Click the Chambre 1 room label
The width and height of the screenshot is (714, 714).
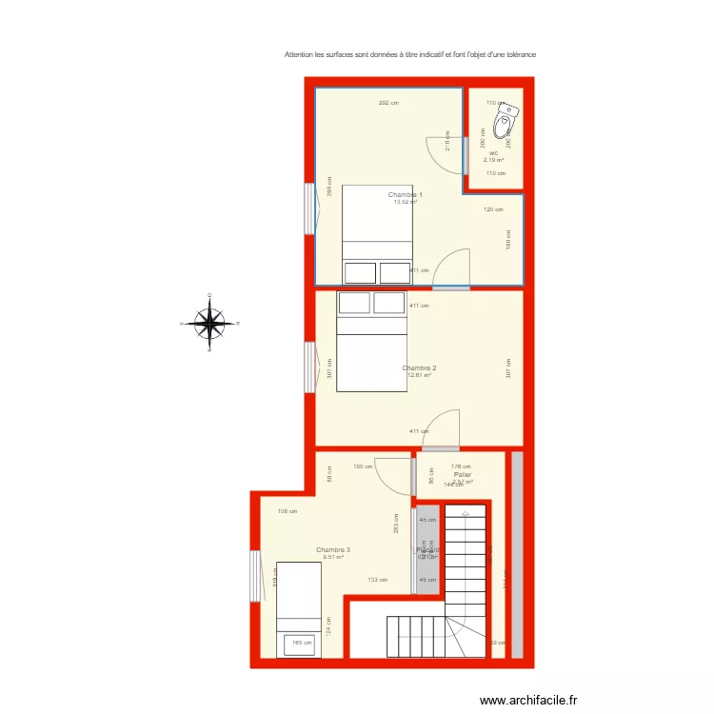[x=405, y=194]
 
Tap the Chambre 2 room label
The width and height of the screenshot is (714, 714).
[x=419, y=367]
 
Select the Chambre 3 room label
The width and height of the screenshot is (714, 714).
[x=333, y=549]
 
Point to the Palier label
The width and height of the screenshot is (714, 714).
[x=463, y=474]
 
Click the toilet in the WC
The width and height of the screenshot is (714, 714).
[x=506, y=123]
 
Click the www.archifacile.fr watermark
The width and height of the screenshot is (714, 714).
[x=528, y=700]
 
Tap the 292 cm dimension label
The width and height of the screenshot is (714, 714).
[x=387, y=103]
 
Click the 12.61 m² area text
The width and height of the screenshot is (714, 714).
[x=419, y=375]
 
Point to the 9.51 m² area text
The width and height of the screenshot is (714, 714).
[x=333, y=557]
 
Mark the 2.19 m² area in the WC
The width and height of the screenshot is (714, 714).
[x=493, y=160]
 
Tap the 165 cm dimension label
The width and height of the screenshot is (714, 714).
[x=302, y=643]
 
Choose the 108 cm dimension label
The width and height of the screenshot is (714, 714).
[x=287, y=511]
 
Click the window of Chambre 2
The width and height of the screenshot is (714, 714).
[x=310, y=367]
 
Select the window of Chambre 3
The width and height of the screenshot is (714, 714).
[x=255, y=576]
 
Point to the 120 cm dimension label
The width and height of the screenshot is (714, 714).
[x=493, y=209]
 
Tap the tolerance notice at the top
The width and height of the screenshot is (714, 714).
[x=410, y=54]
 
